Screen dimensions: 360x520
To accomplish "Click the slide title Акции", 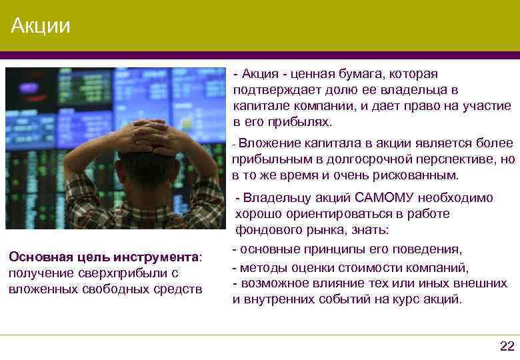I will point(41,27).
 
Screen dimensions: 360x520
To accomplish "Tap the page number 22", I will point(507,345).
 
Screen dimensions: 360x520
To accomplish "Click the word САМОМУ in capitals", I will point(385,198).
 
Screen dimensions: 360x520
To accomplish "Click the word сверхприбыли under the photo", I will point(120,273).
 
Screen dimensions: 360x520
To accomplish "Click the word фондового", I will point(266,231).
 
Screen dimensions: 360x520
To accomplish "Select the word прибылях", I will point(303,122).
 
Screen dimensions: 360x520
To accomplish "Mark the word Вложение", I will point(268,143).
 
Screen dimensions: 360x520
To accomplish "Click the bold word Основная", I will point(35,257).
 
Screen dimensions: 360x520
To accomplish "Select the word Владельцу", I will point(273,198).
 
